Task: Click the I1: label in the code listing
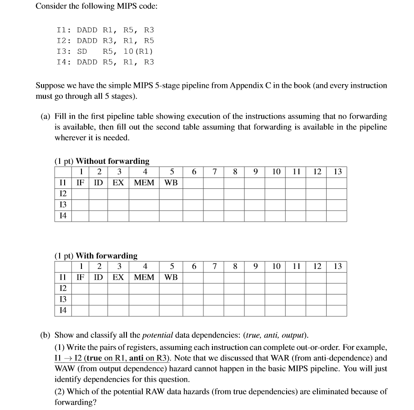point(64,30)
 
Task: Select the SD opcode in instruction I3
point(82,51)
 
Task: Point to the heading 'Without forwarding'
point(112,161)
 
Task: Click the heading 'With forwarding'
point(106,256)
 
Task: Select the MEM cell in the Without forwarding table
point(144,182)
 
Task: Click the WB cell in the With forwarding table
point(171,277)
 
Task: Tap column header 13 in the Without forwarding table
point(337,172)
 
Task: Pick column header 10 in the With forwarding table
point(276,267)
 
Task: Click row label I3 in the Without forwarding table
point(63,205)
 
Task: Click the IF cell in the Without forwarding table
point(81,182)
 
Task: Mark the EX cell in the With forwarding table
point(118,277)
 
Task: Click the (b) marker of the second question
point(45,335)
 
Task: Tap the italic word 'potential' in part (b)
point(157,335)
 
